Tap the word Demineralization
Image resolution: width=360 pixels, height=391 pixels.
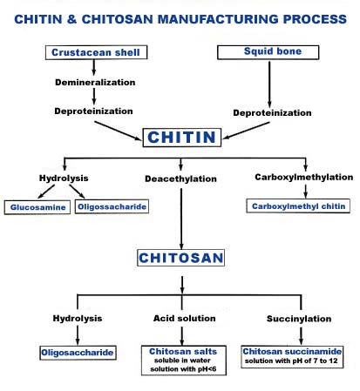click(x=95, y=83)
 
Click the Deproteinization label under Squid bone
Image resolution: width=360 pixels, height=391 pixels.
click(x=272, y=113)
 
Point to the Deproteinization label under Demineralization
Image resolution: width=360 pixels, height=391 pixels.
click(x=93, y=111)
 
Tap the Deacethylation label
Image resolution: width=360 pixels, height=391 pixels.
click(x=180, y=179)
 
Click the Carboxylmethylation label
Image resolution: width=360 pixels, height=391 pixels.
click(x=304, y=177)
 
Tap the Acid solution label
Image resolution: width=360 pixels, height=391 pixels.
click(x=185, y=319)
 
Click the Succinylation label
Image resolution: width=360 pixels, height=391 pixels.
click(x=299, y=319)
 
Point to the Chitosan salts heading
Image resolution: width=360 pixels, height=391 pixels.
click(x=183, y=352)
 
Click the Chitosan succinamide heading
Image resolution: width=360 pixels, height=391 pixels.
click(x=292, y=352)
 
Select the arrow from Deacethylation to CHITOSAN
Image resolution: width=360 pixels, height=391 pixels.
click(x=181, y=219)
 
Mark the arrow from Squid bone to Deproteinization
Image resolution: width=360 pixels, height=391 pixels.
click(x=269, y=84)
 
